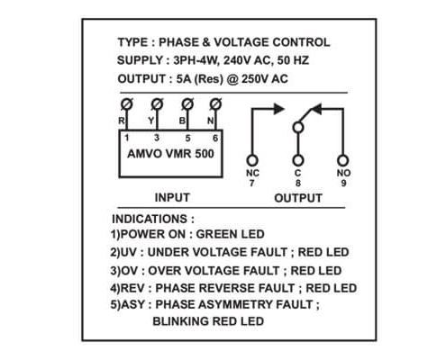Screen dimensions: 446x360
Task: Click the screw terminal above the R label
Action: [126, 104]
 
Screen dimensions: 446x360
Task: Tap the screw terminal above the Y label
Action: [157, 104]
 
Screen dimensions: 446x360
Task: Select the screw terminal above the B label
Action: [187, 104]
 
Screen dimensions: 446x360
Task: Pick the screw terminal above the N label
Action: [215, 104]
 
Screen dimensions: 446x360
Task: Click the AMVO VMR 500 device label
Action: [170, 154]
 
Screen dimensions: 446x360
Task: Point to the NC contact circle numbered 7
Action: [252, 160]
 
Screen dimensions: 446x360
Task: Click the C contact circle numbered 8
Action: [298, 160]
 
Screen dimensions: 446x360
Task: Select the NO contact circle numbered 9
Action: [342, 160]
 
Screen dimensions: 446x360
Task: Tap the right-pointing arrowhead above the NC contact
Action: [279, 109]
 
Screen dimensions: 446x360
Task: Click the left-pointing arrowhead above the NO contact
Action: [316, 109]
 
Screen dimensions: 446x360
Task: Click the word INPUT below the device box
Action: [172, 197]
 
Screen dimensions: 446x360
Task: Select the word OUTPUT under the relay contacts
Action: [298, 198]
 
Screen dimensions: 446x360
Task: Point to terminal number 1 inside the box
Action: [127, 138]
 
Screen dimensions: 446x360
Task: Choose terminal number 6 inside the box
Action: [215, 138]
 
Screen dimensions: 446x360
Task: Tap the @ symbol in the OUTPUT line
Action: [232, 79]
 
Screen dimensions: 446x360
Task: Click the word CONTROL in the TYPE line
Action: [301, 42]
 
